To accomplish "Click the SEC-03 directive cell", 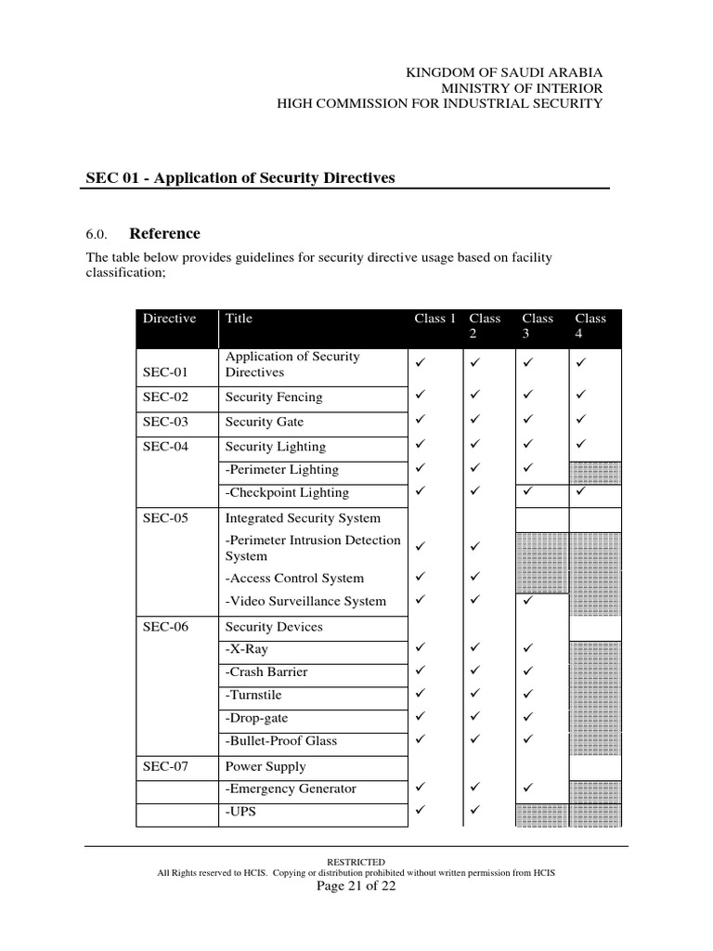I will [x=166, y=422].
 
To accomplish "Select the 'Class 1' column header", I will [x=434, y=319].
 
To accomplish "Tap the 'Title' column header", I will [x=239, y=319].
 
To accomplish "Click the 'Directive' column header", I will [x=169, y=319].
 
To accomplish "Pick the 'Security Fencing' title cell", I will [x=274, y=397].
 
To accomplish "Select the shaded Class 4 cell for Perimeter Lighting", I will [x=595, y=472].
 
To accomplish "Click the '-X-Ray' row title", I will [x=247, y=649].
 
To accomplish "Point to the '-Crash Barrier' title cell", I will [x=266, y=671].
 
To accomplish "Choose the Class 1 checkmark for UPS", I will [x=421, y=810].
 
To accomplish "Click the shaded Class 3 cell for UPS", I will [x=541, y=814].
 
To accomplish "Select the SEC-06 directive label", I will [x=166, y=627].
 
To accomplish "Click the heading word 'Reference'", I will [x=164, y=233].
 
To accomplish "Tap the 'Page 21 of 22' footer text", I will [x=356, y=886].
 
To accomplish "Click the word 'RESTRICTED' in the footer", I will [x=356, y=862].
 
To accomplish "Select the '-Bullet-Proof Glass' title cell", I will [x=281, y=741].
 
